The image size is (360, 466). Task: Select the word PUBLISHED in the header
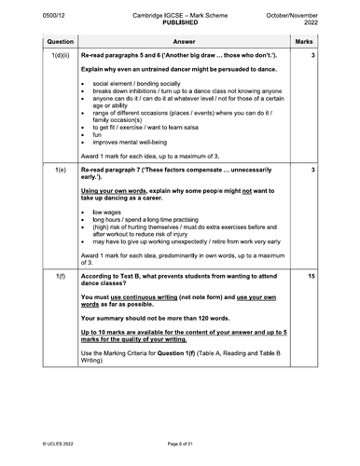[x=179, y=18]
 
